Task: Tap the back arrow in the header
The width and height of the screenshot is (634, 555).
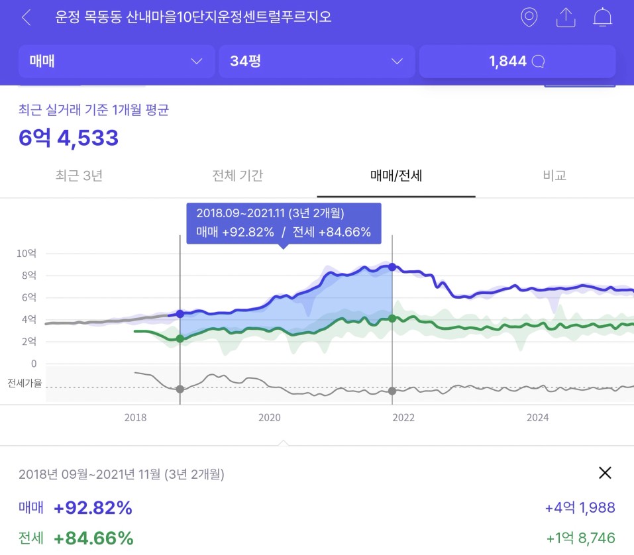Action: click(26, 17)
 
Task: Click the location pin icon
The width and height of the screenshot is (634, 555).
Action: click(529, 17)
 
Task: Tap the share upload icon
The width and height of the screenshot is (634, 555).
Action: click(566, 17)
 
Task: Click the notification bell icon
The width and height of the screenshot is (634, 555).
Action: click(602, 17)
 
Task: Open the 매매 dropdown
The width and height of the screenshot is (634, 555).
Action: click(117, 62)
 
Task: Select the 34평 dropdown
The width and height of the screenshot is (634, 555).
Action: click(317, 62)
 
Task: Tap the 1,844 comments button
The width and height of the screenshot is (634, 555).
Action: click(517, 62)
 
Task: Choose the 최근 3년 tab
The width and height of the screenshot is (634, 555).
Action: click(79, 176)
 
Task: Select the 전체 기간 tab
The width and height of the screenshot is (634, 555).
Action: click(238, 176)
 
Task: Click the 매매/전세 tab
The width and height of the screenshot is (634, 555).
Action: click(396, 176)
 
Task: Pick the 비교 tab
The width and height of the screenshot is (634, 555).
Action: click(555, 176)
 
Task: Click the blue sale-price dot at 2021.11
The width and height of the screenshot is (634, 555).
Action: click(392, 267)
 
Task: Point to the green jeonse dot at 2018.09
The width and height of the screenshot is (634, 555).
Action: click(180, 338)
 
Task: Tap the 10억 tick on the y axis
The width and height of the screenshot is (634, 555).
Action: click(26, 254)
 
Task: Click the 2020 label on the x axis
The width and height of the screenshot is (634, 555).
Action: click(269, 417)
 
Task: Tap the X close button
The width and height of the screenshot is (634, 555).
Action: click(605, 472)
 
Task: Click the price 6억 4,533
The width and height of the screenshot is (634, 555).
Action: click(69, 138)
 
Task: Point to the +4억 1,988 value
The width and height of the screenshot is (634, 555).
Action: click(580, 508)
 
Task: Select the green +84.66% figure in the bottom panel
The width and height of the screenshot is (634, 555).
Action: click(93, 538)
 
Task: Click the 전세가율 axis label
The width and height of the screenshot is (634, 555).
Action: click(25, 383)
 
